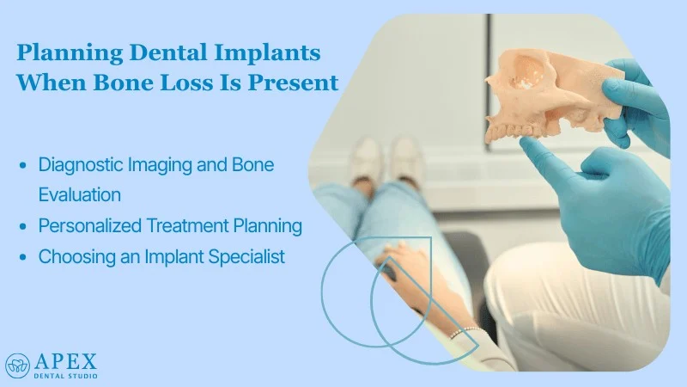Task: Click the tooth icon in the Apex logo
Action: (x=17, y=365)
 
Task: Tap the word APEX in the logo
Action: (x=65, y=359)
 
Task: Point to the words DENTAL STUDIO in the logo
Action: (x=65, y=375)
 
